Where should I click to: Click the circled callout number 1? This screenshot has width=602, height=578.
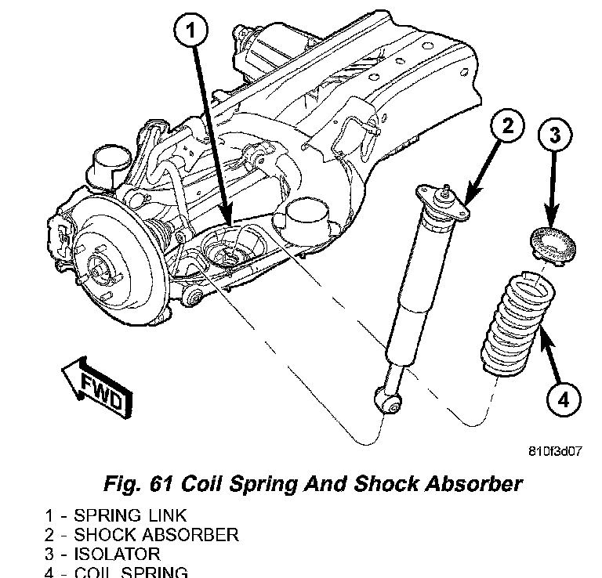[x=191, y=32]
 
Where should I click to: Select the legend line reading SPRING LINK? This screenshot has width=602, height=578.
[x=116, y=516]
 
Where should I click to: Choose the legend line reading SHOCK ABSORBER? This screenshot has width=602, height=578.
[x=142, y=535]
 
